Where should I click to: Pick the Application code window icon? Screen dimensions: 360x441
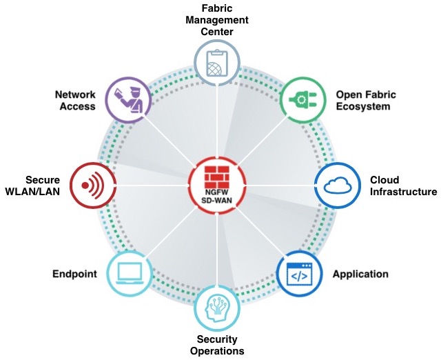[x=299, y=274]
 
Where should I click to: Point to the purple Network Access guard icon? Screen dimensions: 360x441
[x=129, y=99]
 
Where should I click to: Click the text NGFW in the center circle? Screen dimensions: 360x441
[x=217, y=191]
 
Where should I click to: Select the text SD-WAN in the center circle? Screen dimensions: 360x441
[x=217, y=201]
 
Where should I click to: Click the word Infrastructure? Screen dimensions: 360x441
[x=403, y=191]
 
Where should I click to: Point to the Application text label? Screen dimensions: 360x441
[x=360, y=274]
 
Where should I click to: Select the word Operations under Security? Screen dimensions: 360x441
[x=217, y=351]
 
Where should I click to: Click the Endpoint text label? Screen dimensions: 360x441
[x=74, y=274]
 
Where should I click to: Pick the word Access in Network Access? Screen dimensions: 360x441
[x=79, y=106]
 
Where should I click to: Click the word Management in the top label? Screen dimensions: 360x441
[x=217, y=20]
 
